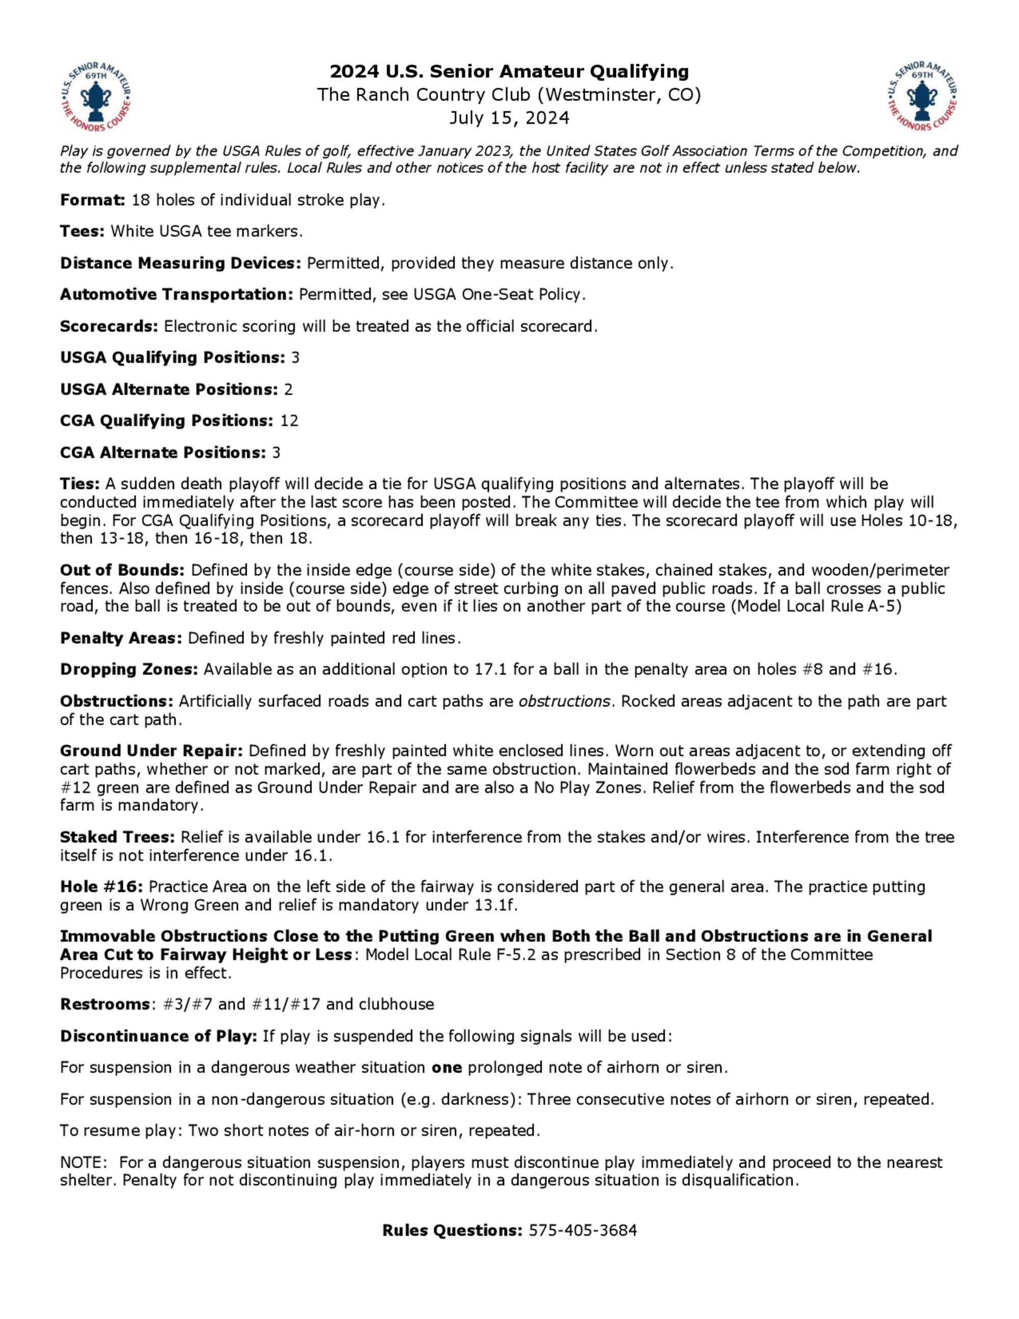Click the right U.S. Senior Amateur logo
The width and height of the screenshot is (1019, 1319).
pyautogui.click(x=922, y=97)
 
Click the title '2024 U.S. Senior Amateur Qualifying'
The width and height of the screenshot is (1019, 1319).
pyautogui.click(x=509, y=72)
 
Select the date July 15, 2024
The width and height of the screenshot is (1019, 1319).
pyautogui.click(x=509, y=117)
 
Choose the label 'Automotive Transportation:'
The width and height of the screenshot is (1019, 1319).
pyautogui.click(x=176, y=295)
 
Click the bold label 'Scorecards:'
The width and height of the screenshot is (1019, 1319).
pyautogui.click(x=109, y=327)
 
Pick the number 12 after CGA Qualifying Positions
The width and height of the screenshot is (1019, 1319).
pyautogui.click(x=289, y=421)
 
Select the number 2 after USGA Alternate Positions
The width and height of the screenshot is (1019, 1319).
pyautogui.click(x=288, y=389)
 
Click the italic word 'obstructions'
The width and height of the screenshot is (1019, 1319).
pyautogui.click(x=564, y=702)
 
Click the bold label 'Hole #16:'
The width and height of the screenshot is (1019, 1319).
pyautogui.click(x=101, y=887)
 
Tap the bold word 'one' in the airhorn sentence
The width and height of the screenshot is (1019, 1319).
pyautogui.click(x=447, y=1068)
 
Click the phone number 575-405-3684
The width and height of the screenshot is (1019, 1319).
pyautogui.click(x=582, y=1231)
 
